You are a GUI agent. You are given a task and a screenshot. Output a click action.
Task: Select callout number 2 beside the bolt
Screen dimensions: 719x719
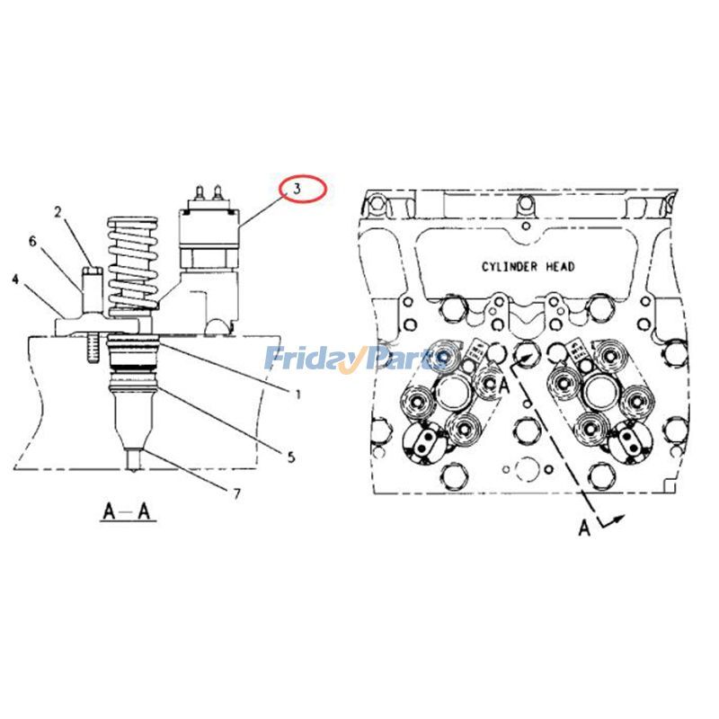point(57,213)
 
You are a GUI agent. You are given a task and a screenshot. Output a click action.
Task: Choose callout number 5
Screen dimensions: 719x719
point(290,457)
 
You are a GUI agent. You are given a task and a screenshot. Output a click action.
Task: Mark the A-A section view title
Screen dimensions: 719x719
point(129,513)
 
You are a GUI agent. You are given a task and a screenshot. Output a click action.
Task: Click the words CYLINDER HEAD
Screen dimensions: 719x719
point(528,267)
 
